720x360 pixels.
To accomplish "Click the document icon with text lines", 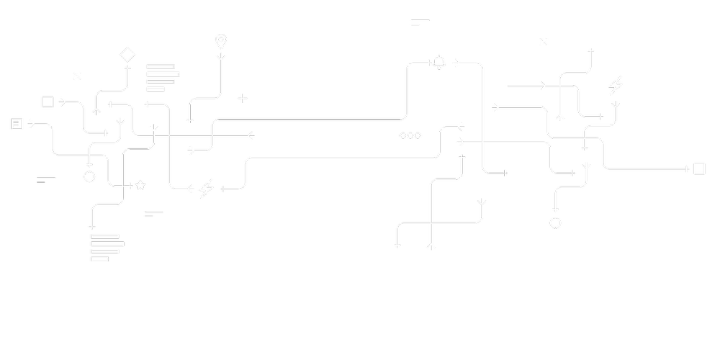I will (17, 124).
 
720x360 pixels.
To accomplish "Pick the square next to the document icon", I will (48, 102).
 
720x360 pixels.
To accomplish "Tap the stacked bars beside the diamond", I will (163, 78).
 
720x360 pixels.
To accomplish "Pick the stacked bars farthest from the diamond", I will (107, 247).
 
